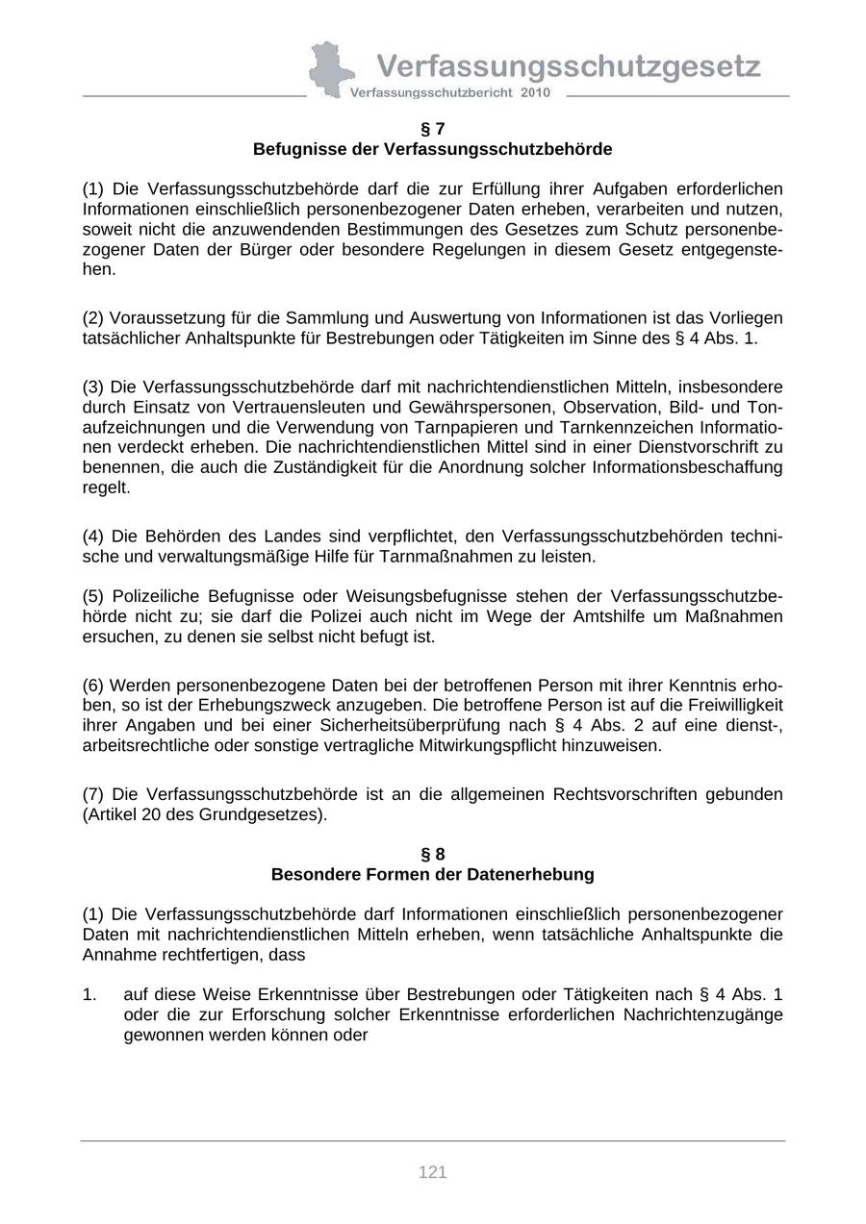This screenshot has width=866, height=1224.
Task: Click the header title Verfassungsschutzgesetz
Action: click(568, 65)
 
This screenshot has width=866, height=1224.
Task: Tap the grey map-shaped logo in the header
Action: click(330, 69)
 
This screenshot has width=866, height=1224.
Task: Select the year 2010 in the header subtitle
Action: click(537, 93)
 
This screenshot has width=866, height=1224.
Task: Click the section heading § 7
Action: click(433, 129)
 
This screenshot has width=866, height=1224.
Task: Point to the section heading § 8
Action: click(433, 854)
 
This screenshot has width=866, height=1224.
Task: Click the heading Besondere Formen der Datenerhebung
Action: click(433, 875)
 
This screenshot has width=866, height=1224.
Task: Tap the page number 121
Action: click(433, 1172)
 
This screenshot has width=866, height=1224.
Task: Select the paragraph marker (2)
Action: click(93, 318)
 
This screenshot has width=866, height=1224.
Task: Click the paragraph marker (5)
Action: click(93, 596)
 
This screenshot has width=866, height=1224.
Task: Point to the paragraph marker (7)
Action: click(93, 794)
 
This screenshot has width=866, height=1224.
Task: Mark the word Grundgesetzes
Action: click(272, 814)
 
